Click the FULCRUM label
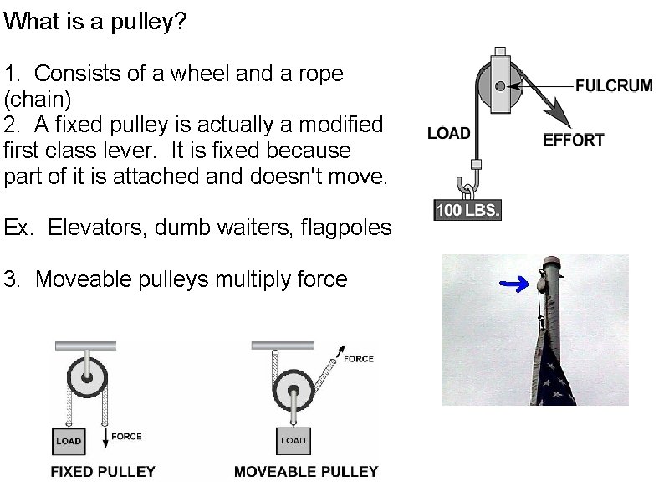pyautogui.click(x=614, y=86)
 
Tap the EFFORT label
pyautogui.click(x=573, y=140)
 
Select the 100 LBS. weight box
pyautogui.click(x=467, y=210)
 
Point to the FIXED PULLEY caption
pyautogui.click(x=103, y=471)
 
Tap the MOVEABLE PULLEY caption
pyautogui.click(x=306, y=471)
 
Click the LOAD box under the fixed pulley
pyautogui.click(x=69, y=440)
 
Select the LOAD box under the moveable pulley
pyautogui.click(x=294, y=440)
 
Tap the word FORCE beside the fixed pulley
pyautogui.click(x=126, y=436)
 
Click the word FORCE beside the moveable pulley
pyautogui.click(x=359, y=359)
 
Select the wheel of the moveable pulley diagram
pyautogui.click(x=294, y=390)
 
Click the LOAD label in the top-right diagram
pyautogui.click(x=448, y=133)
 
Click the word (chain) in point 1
pyautogui.click(x=38, y=100)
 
